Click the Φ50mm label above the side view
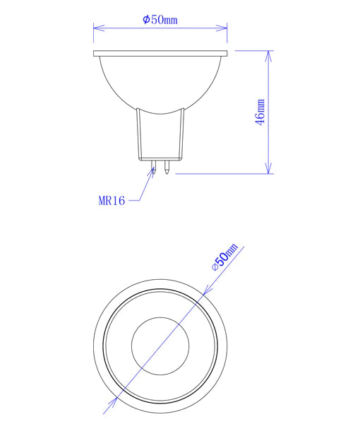click(160, 20)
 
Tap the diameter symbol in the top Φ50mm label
click(145, 20)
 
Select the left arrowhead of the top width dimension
click(97, 28)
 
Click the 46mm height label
click(260, 112)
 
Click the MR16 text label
click(112, 201)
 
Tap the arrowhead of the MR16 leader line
click(153, 171)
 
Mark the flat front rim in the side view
click(160, 54)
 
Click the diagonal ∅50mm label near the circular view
click(225, 258)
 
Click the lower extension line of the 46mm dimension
click(226, 173)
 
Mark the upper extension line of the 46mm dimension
click(251, 51)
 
